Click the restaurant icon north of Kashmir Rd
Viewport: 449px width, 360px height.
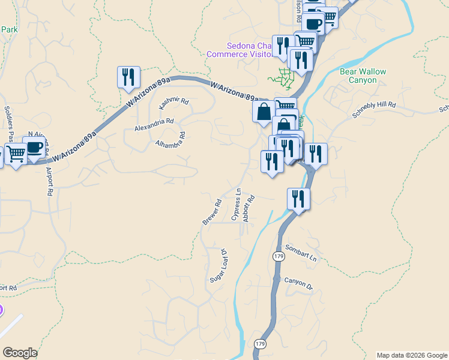[128, 77]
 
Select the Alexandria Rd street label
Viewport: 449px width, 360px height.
[154, 124]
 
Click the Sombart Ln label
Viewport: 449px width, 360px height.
[301, 253]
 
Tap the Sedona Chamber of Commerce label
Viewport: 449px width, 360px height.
[240, 50]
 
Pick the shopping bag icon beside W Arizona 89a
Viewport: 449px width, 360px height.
[264, 112]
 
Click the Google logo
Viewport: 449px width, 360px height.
[20, 353]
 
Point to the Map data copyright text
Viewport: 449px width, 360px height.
[411, 355]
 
